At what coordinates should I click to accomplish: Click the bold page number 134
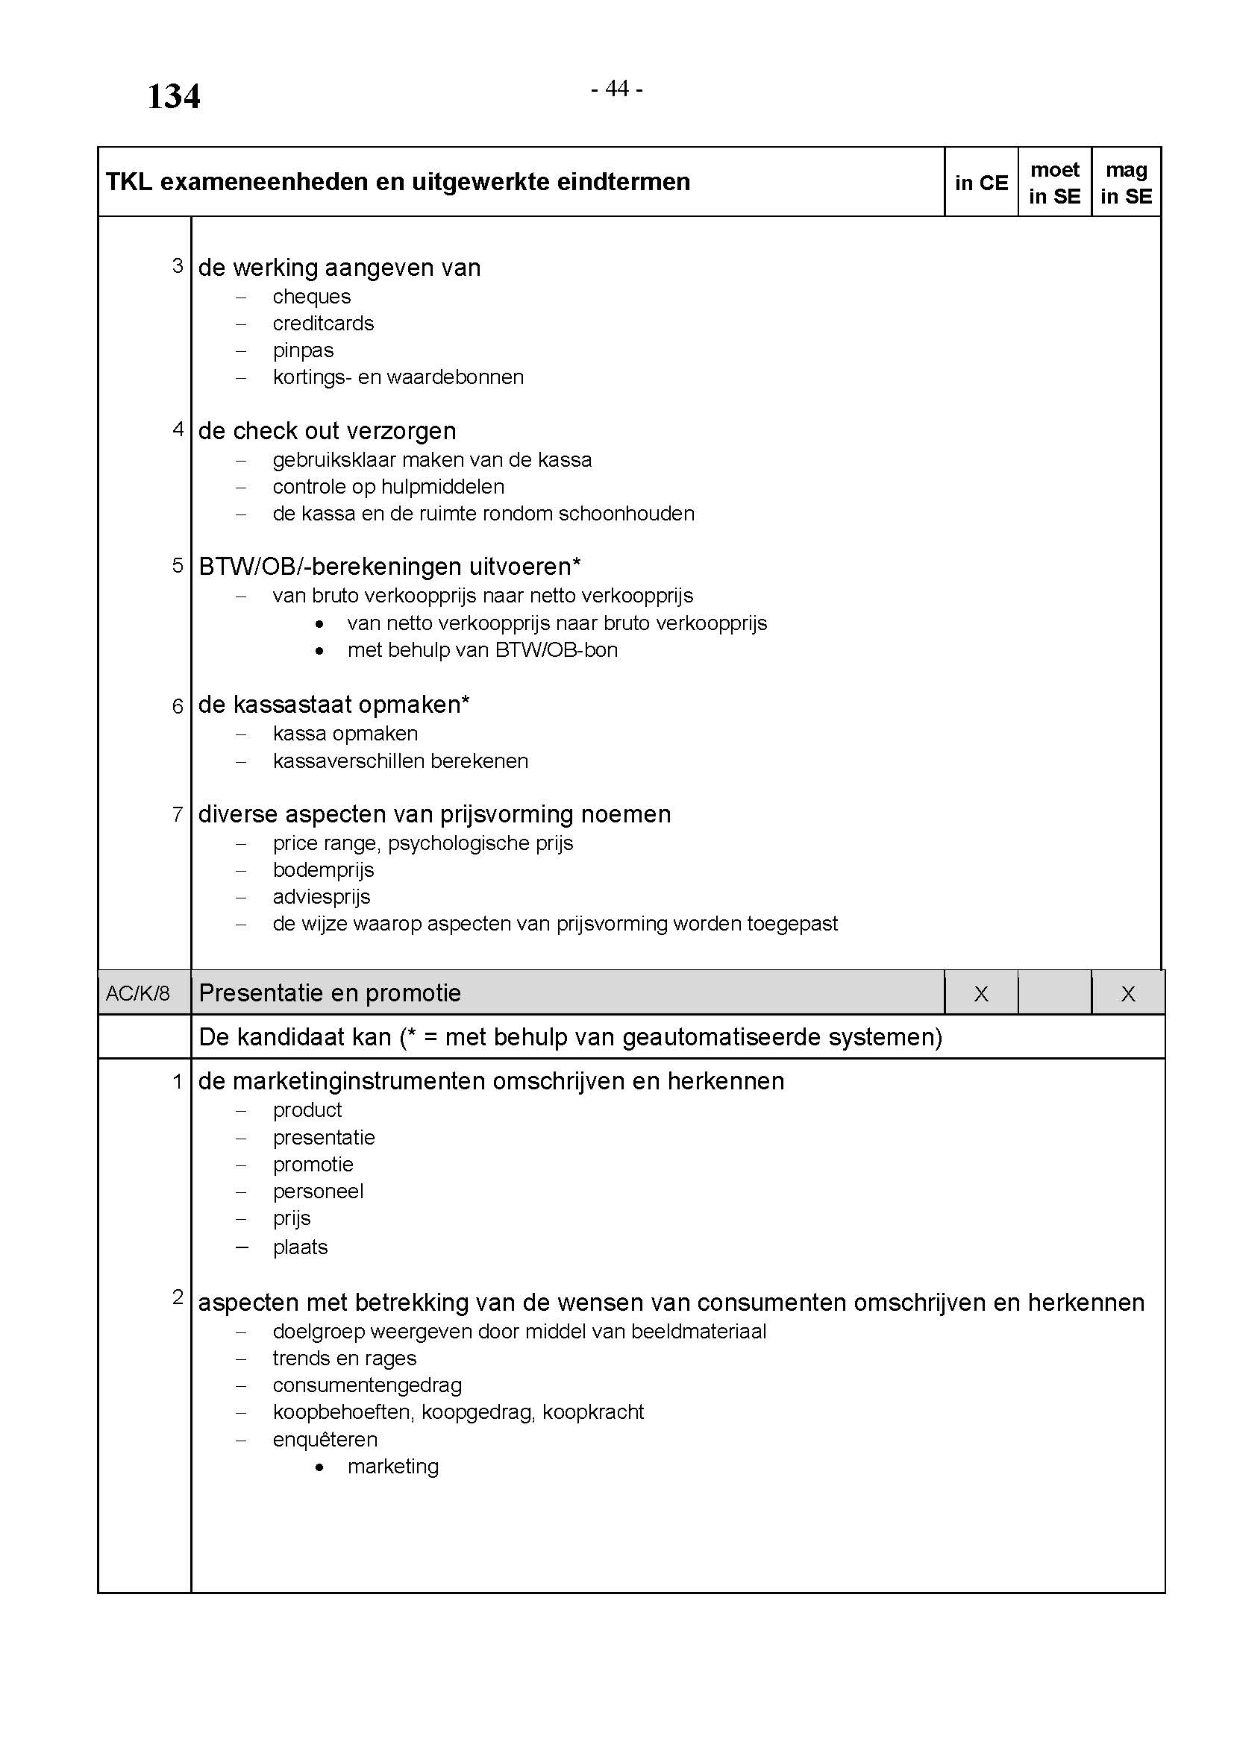click(x=173, y=96)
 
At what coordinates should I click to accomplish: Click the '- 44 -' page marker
click(x=616, y=89)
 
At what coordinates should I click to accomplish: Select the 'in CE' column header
click(x=981, y=183)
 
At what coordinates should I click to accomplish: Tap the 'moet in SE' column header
click(x=1054, y=183)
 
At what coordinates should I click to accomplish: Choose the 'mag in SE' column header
click(x=1126, y=183)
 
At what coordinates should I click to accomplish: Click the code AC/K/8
click(x=137, y=992)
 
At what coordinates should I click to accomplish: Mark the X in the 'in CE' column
click(x=981, y=993)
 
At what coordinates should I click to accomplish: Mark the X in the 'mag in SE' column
click(x=1127, y=993)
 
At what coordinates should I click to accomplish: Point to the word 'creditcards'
click(x=323, y=324)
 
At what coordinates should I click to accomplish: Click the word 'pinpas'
click(x=303, y=350)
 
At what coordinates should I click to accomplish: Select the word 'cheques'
click(x=312, y=296)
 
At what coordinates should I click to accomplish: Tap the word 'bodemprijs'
click(x=323, y=869)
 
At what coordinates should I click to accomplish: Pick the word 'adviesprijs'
click(x=322, y=897)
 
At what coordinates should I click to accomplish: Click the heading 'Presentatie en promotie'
click(x=330, y=992)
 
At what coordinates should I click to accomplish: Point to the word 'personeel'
click(x=318, y=1191)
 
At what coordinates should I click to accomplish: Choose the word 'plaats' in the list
click(x=300, y=1247)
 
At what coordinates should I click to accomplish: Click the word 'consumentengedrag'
click(x=367, y=1385)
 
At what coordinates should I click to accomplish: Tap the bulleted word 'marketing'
click(x=393, y=1466)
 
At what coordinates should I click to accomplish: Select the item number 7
click(x=178, y=814)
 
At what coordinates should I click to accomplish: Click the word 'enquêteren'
click(x=325, y=1439)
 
